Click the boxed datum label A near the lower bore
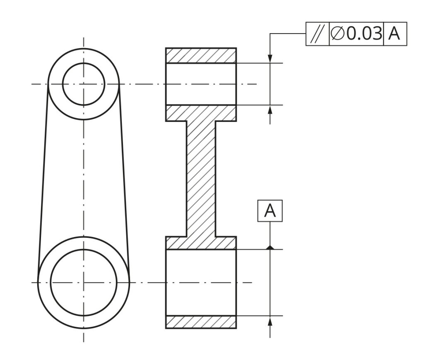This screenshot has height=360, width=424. pos(270,211)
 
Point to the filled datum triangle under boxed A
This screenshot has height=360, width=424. pos(270,247)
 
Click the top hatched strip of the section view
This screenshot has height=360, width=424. pos(201,56)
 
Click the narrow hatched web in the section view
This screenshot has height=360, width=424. pos(201,178)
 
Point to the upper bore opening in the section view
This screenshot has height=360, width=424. pos(201,84)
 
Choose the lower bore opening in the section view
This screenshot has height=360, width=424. pos(201,283)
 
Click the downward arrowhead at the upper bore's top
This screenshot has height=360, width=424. pos(270,59)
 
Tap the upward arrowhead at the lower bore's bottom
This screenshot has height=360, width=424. pos(270,320)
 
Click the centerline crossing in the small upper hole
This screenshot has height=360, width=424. pos(84,84)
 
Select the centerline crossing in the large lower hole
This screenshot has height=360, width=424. pos(84,283)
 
